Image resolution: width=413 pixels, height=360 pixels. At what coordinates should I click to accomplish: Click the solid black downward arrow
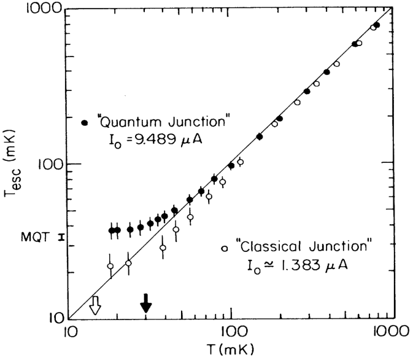click(145, 303)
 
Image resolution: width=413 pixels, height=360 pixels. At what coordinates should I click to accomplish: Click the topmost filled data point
click(376, 25)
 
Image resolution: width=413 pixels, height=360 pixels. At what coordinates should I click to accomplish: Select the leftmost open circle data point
click(110, 266)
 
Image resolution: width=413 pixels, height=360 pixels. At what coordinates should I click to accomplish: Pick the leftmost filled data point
click(112, 230)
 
